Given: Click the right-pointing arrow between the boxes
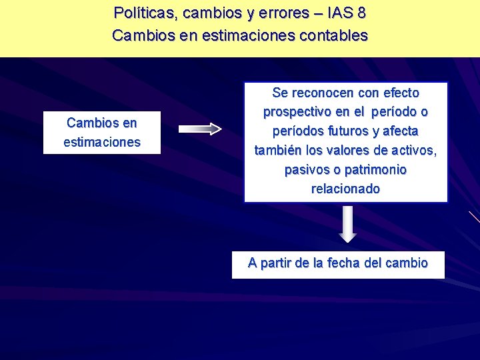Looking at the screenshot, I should pos(200,129).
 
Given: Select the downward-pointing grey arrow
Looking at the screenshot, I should pos(347,224).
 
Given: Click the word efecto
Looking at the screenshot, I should pos(399,93).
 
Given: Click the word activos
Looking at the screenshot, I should pos(413,151).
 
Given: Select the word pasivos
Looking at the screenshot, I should pos(306,170).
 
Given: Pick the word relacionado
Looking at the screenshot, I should pos(345,189).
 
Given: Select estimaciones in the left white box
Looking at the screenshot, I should pos(102,142).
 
